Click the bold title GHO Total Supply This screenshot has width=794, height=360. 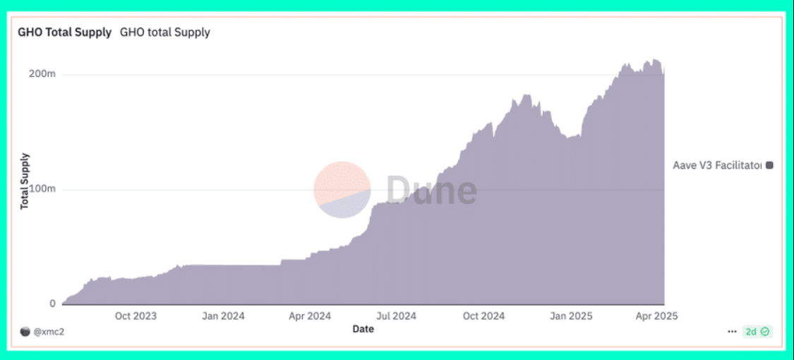[x=65, y=32]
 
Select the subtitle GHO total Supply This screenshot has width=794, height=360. [x=165, y=32]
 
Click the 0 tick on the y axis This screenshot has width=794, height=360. [x=52, y=304]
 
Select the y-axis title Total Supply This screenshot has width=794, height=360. [x=25, y=181]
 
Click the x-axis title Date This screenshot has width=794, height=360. [x=363, y=329]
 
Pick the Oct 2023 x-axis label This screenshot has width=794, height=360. [x=136, y=316]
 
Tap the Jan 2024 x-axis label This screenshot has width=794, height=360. [x=223, y=316]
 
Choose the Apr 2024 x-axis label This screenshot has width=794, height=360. [x=310, y=316]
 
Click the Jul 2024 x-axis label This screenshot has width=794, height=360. [x=396, y=316]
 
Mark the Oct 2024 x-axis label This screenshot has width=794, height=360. [x=483, y=316]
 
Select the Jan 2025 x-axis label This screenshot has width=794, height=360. [x=570, y=316]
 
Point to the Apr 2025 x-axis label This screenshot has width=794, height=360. [x=656, y=316]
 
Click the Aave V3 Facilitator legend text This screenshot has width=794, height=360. [x=717, y=165]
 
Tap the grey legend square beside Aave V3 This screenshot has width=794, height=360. [x=769, y=165]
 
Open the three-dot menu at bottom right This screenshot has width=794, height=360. [x=732, y=331]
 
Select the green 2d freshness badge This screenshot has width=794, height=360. [x=758, y=331]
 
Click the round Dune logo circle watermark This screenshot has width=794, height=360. [x=342, y=189]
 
